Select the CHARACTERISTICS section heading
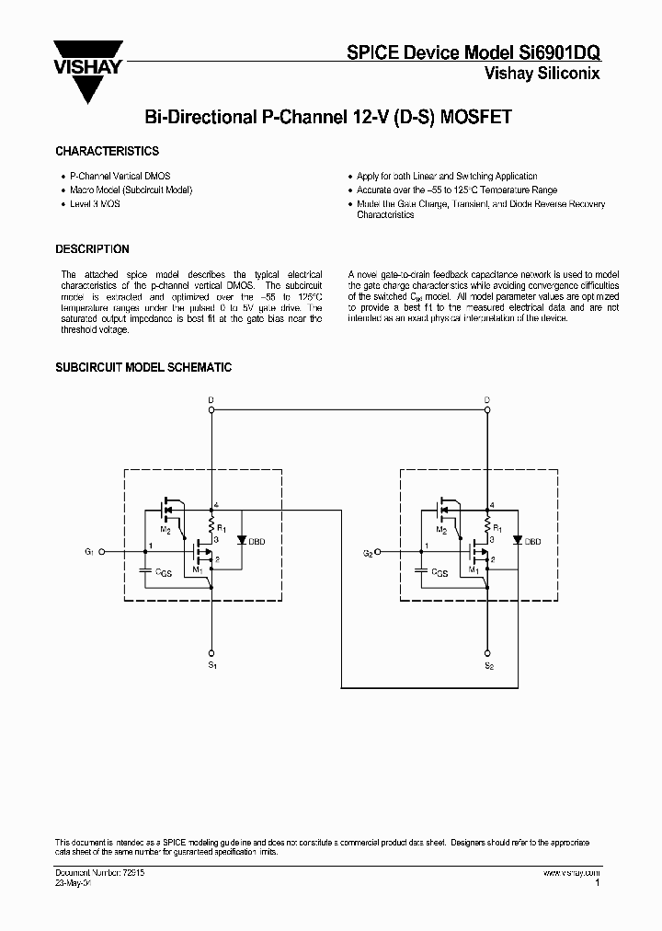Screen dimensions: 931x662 (108, 151)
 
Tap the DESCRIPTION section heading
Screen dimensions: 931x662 (92, 249)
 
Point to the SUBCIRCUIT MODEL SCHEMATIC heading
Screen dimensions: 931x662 (143, 367)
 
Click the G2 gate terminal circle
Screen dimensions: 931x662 (377, 552)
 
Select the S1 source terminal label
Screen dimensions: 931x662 (211, 663)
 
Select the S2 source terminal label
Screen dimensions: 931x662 (488, 663)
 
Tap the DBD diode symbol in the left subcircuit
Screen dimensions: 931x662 (241, 540)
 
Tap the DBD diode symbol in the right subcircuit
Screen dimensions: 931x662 (518, 540)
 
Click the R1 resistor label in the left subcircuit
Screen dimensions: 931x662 (223, 528)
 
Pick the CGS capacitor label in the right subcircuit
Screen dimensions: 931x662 (439, 572)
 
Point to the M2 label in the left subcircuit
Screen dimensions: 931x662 (165, 531)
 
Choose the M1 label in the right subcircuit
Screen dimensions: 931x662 (474, 569)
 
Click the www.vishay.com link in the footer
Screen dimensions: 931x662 (571, 871)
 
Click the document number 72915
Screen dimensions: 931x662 (130, 871)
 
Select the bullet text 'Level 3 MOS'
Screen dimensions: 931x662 (95, 203)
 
